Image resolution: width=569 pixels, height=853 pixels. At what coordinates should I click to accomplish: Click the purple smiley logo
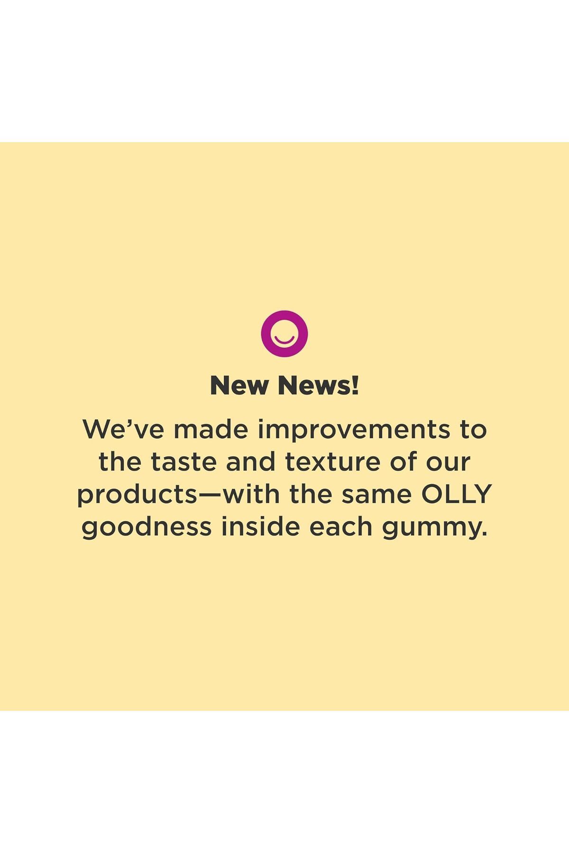click(284, 334)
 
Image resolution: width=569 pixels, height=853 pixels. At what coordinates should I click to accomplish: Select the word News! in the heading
click(319, 386)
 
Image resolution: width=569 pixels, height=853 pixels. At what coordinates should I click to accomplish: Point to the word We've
click(126, 429)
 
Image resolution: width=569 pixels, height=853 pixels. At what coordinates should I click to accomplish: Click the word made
click(211, 429)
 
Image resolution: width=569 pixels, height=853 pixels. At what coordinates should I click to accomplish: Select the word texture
click(332, 462)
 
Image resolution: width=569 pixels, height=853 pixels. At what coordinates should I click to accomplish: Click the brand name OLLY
click(457, 494)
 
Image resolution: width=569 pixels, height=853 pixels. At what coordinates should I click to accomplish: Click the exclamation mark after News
click(355, 386)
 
